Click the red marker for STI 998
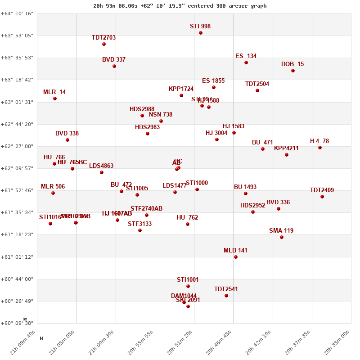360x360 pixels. click(x=201, y=33)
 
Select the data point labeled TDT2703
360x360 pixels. click(x=104, y=44)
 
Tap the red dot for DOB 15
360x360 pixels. click(x=293, y=71)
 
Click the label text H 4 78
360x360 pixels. click(x=319, y=141)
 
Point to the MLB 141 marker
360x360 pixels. click(x=236, y=257)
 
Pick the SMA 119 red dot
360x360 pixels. click(x=282, y=237)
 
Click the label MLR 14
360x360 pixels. click(x=54, y=92)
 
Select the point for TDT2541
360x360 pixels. click(x=226, y=296)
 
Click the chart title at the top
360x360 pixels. click(x=180, y=6)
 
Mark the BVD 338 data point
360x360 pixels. click(x=67, y=140)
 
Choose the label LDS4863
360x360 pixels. click(x=101, y=166)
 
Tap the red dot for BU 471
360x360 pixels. click(x=263, y=149)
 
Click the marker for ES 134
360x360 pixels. click(x=246, y=63)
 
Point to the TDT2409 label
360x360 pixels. click(x=322, y=190)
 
